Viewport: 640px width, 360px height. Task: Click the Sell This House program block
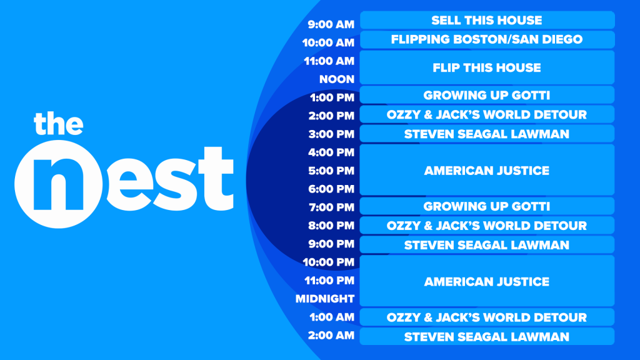[x=487, y=20]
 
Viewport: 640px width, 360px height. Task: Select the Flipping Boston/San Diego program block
[x=487, y=39]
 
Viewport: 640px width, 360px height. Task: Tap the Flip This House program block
[x=487, y=67]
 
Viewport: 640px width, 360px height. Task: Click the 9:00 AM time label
[x=331, y=25]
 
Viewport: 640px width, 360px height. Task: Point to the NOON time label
[x=337, y=79]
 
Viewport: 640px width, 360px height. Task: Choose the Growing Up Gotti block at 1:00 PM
[x=487, y=95]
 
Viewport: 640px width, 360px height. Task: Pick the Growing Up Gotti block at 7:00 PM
[x=487, y=206]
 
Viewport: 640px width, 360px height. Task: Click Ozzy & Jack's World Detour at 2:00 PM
[x=487, y=114]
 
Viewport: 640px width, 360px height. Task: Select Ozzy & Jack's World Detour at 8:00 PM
[x=487, y=225]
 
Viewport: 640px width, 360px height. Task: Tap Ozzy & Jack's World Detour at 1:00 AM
[x=487, y=317]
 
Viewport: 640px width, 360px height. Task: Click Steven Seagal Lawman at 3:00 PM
[x=487, y=134]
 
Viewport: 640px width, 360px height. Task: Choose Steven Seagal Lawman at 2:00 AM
[x=487, y=336]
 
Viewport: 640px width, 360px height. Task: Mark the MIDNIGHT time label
[x=325, y=299]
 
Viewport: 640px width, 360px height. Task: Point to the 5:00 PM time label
[x=332, y=171]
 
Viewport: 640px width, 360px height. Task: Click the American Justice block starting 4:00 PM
[x=487, y=170]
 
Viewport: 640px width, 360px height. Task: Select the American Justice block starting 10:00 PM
[x=487, y=281]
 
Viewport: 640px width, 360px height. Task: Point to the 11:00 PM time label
[x=329, y=281]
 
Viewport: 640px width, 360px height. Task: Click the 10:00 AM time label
[x=329, y=43]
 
